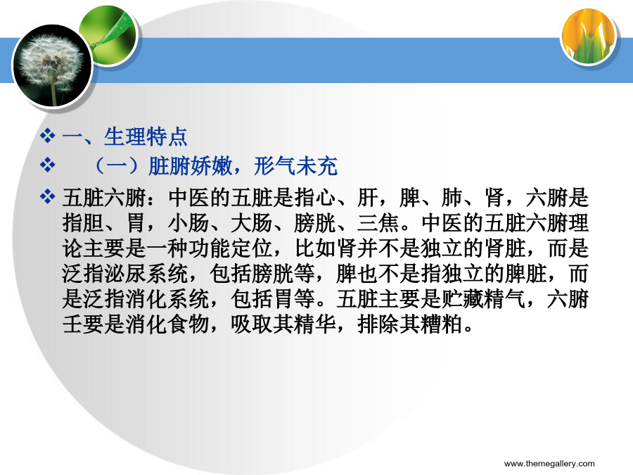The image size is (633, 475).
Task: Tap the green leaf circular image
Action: point(109,36)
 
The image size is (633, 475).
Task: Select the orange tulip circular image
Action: point(589,37)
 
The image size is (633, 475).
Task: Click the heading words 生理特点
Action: point(146,137)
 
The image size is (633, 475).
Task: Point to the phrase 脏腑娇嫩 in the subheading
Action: point(191,166)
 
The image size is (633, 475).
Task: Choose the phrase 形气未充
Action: point(296,166)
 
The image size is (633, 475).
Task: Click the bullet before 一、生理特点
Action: point(48,136)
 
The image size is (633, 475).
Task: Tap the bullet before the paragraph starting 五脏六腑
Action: point(48,197)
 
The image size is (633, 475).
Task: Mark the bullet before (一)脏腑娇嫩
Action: point(48,165)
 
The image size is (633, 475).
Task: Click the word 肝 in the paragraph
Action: point(367,198)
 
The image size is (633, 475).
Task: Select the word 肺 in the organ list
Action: point(452,198)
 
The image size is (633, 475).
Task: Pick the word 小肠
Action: point(188,223)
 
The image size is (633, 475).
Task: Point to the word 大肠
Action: point(252,223)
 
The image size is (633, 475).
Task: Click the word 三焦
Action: point(378,223)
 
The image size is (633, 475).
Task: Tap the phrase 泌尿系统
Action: point(146,274)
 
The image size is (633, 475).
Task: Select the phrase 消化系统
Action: point(167,299)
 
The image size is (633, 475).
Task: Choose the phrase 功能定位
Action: point(231,248)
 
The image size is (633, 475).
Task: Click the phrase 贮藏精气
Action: point(484,299)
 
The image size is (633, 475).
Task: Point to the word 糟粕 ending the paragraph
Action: point(441,324)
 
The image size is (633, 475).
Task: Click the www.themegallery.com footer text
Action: point(549,464)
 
